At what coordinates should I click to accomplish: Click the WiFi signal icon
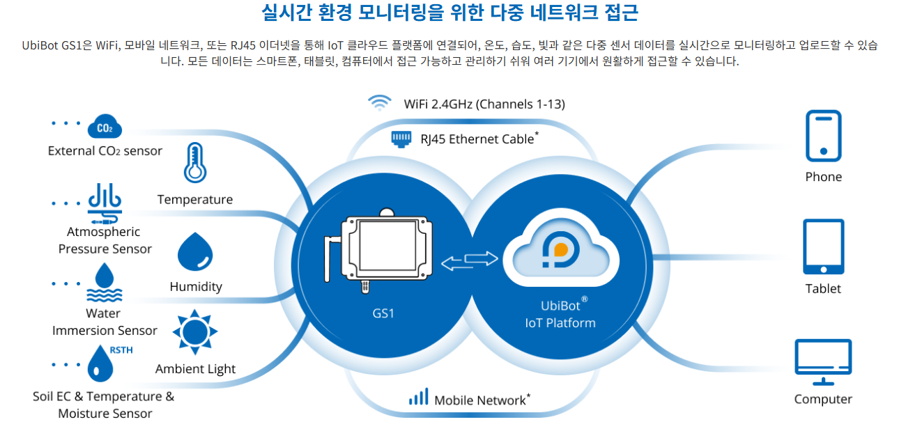379,103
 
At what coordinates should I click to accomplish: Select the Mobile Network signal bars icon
418,398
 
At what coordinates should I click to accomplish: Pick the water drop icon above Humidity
195,252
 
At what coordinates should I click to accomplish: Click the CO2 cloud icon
105,128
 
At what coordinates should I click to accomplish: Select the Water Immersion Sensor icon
105,281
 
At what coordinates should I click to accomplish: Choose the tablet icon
823,246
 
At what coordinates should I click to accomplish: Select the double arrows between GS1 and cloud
470,261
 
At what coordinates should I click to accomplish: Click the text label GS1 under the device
383,313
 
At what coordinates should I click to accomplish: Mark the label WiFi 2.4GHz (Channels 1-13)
484,104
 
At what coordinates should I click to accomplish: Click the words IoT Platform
560,323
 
